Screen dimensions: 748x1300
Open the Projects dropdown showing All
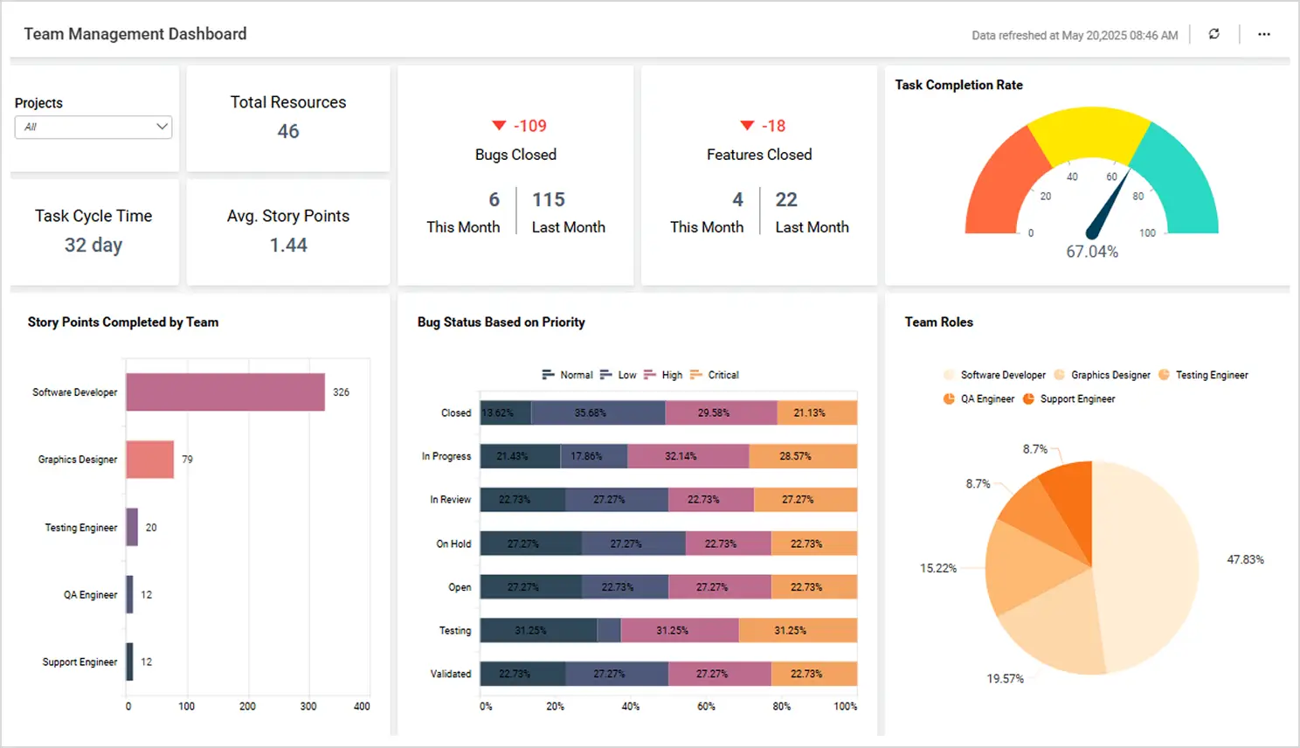click(x=93, y=127)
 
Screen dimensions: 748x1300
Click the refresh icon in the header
click(x=1214, y=34)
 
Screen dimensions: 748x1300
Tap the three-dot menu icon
click(x=1263, y=34)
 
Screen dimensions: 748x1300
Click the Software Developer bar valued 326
click(x=225, y=392)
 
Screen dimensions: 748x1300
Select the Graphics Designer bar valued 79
click(x=149, y=460)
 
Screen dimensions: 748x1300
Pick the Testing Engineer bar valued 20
click(x=132, y=527)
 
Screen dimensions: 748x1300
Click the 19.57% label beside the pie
click(x=1005, y=679)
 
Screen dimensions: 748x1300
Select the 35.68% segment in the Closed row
click(x=598, y=412)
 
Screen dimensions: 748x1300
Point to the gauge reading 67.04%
click(x=1091, y=252)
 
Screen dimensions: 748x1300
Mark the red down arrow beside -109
click(x=499, y=126)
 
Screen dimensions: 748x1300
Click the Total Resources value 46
click(x=288, y=132)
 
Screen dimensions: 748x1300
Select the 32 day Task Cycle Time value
click(x=93, y=246)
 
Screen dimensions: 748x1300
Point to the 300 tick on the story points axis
click(x=308, y=706)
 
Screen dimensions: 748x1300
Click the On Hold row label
click(x=453, y=544)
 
